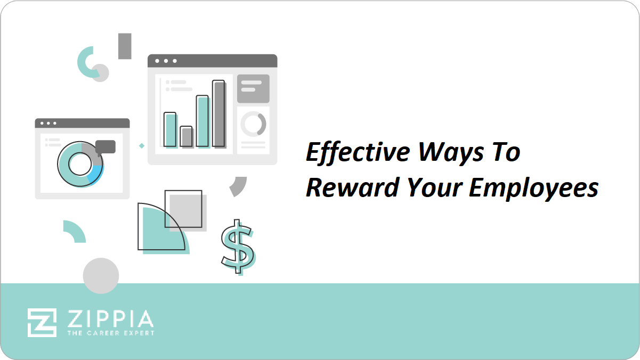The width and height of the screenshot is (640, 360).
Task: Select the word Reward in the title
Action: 353,188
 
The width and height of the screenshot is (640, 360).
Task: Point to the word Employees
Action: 533,189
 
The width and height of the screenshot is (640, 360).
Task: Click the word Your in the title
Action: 434,188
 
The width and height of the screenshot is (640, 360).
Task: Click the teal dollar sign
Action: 238,247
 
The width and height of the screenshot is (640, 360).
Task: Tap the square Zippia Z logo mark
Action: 42,323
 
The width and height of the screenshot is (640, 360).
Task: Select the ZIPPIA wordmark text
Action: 111,318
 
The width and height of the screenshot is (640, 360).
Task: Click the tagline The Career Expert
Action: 111,333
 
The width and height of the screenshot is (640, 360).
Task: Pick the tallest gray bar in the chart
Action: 219,113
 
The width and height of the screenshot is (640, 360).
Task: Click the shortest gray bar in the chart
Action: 187,136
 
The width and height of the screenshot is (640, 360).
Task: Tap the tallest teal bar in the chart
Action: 202,121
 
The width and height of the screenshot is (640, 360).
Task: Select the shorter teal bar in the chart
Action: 170,130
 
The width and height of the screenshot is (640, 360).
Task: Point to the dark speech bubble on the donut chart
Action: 106,147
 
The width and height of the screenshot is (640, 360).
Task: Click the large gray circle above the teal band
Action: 101,275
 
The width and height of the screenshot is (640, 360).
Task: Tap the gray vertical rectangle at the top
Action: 125,46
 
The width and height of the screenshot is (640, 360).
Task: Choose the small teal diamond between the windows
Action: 142,146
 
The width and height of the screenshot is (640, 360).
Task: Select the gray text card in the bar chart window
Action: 254,88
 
